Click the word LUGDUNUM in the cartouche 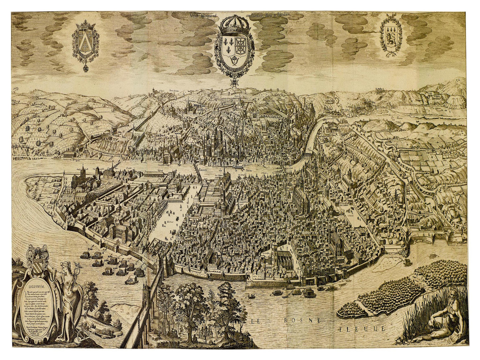point(37,285)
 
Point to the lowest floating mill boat point(131,279)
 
